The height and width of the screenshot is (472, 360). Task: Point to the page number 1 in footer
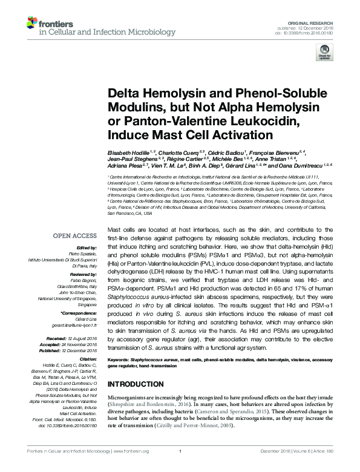pyautogui.click(x=180, y=467)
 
